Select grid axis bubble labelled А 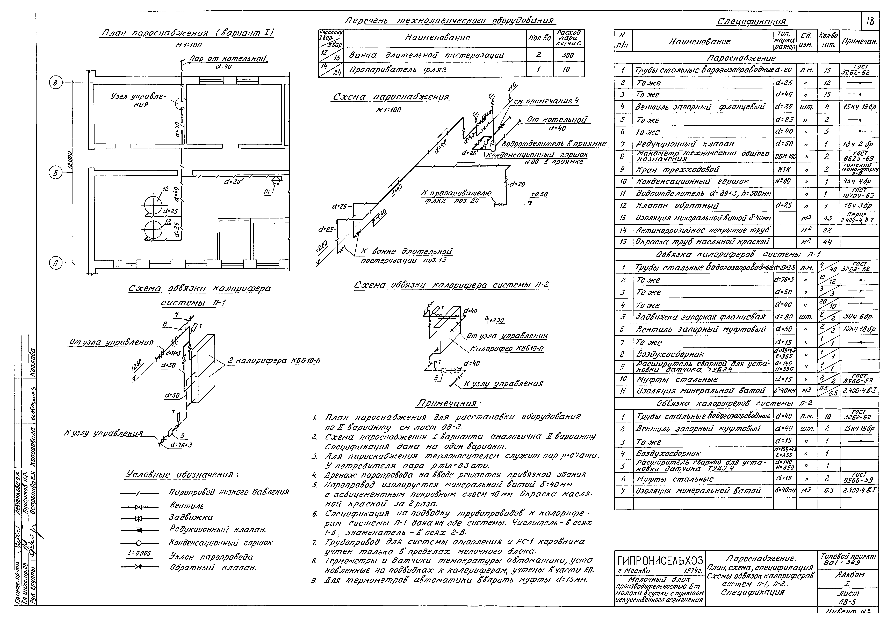click(55, 263)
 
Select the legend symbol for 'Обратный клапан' click(139, 567)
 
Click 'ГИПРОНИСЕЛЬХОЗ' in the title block click(660, 561)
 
